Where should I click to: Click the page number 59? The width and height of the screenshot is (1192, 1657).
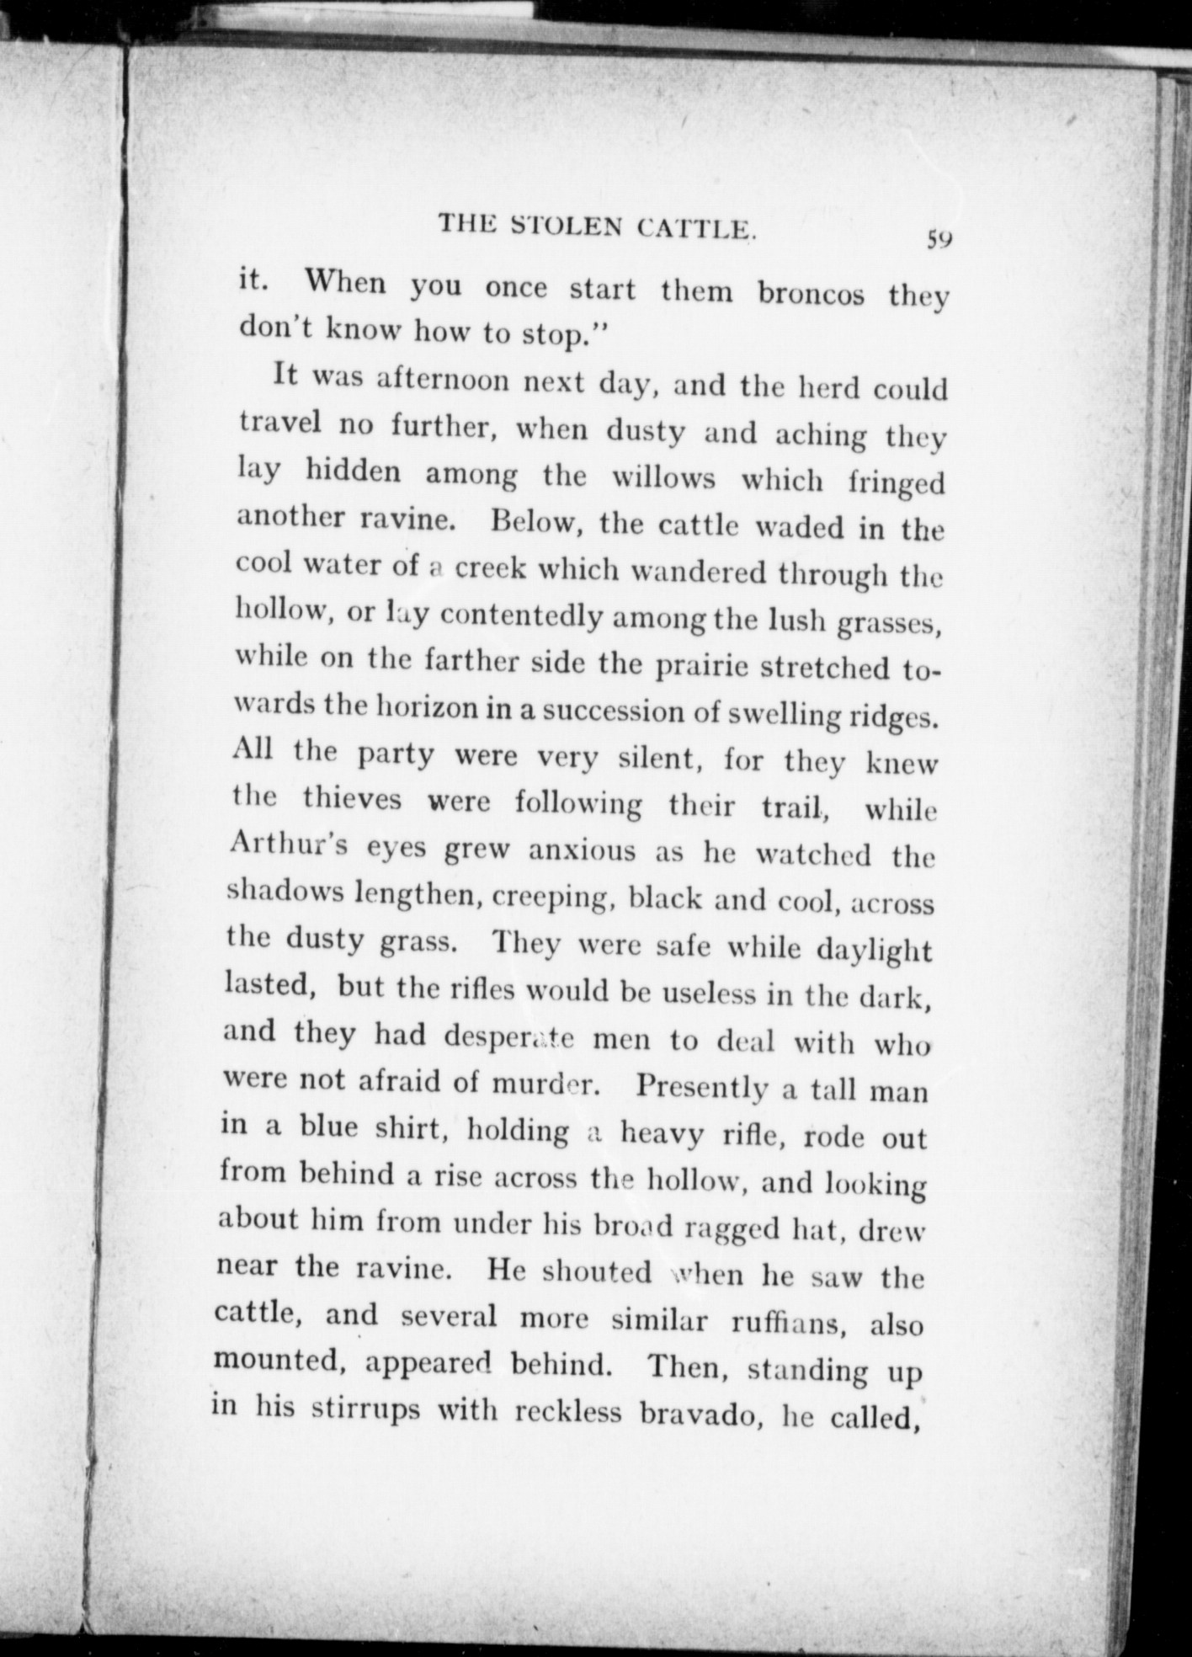(x=939, y=239)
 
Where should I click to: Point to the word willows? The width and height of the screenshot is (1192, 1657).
(x=663, y=477)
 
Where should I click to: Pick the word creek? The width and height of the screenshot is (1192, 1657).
(x=490, y=568)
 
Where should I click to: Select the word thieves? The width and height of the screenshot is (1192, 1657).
(x=353, y=798)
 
